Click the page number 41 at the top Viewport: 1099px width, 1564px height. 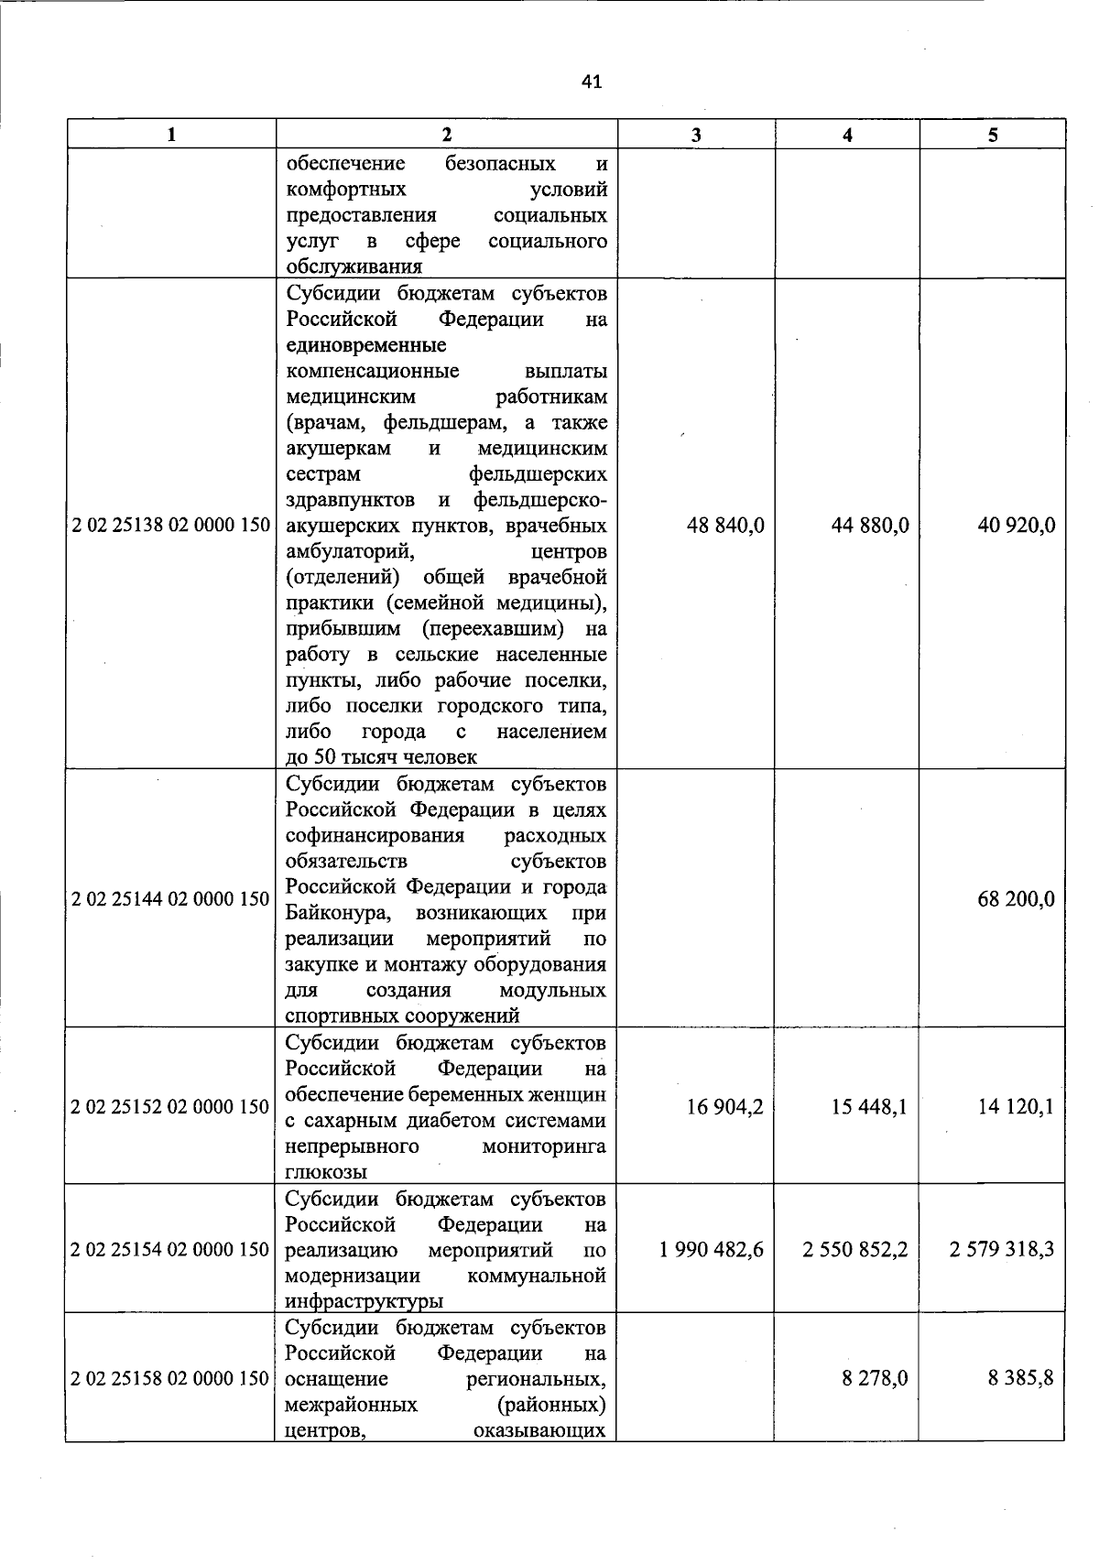pos(592,82)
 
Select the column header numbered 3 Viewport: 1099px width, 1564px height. pos(696,135)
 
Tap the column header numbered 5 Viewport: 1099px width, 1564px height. pos(993,135)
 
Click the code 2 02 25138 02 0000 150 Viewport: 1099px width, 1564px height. pos(171,526)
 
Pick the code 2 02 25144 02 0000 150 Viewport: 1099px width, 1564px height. pos(171,898)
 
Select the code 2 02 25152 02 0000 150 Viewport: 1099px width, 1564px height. pos(171,1107)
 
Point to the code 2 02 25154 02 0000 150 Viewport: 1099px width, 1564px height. pos(171,1250)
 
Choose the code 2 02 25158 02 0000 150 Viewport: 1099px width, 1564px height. pos(171,1378)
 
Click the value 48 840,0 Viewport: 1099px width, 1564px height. pos(725,526)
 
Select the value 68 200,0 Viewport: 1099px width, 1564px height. pos(1017,898)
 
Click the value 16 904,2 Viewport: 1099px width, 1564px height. pos(725,1107)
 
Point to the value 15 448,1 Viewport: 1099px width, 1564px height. pos(870,1107)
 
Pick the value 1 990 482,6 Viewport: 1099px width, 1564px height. pos(712,1250)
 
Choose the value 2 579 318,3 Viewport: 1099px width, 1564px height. pos(1002,1250)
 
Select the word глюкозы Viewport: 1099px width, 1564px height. pos(327,1172)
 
